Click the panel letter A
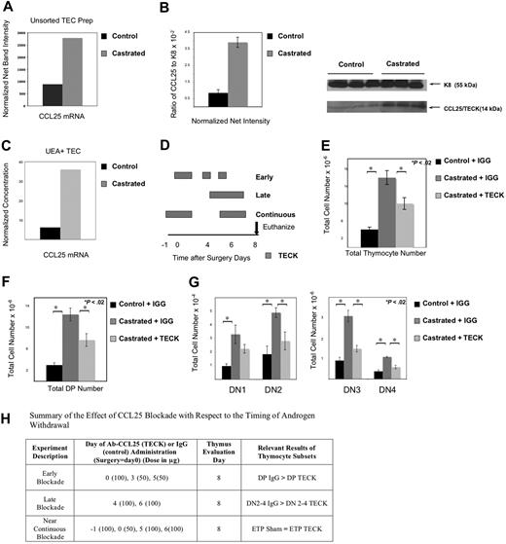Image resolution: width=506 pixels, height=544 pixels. [x=8, y=9]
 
